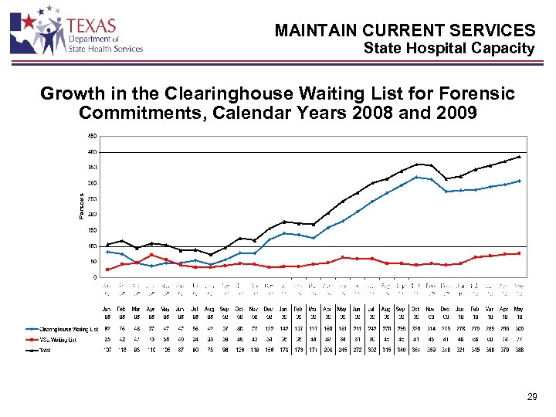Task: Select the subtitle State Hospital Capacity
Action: tap(449, 49)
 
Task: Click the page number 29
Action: tap(532, 397)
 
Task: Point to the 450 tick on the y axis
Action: tap(92, 136)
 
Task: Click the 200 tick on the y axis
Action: tap(92, 215)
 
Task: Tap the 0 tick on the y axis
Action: tap(95, 277)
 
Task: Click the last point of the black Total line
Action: tap(519, 156)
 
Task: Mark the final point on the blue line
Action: tap(519, 181)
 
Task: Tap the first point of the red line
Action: tap(107, 270)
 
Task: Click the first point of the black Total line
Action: tap(107, 245)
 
